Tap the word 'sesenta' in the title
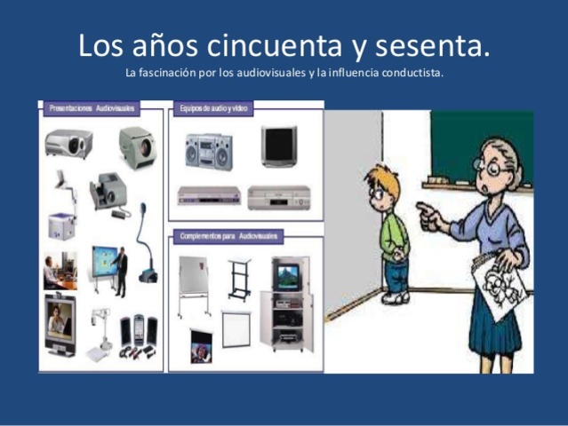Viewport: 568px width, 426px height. point(435,44)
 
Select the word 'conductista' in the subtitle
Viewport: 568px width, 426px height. point(412,73)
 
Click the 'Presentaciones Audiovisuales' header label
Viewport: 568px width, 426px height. point(90,107)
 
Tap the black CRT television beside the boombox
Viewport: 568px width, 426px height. point(278,146)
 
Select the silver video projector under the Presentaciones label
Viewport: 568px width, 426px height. point(68,141)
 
